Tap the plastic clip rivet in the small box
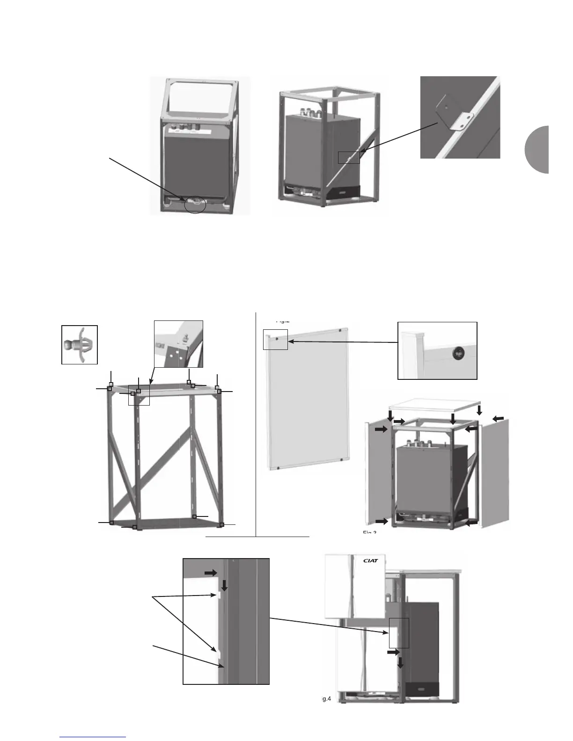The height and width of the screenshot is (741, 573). coord(79,345)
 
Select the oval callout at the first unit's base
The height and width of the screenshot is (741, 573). coord(195,204)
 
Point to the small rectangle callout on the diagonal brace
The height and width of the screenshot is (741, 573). coord(349,157)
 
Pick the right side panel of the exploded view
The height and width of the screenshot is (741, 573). coord(495,472)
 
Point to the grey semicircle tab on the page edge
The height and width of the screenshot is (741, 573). coord(537,150)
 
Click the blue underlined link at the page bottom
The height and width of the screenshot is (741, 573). coord(93,736)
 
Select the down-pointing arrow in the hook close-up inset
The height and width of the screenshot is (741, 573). coord(224,585)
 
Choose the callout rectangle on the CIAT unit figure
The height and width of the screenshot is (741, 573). coord(399,633)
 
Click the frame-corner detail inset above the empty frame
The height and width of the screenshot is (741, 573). coord(178,344)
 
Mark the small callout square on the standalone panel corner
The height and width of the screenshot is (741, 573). coord(275,339)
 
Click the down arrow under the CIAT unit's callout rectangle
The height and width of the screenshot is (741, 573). coord(401,664)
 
